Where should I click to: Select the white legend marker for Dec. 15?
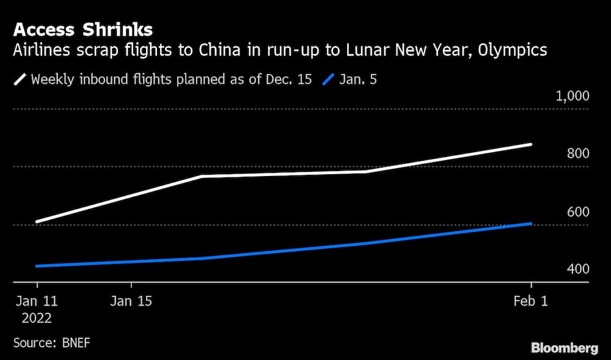pos(20,79)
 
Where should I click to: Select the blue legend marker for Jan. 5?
pos(327,79)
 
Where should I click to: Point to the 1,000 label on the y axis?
pos(571,96)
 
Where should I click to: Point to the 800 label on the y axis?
pos(577,153)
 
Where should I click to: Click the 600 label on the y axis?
pos(577,211)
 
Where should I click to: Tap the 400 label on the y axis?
pos(577,269)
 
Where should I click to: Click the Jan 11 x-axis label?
pos(37,301)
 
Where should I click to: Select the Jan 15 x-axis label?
pos(131,301)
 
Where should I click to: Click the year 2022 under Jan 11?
pos(37,318)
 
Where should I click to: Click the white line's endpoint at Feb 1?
pos(530,145)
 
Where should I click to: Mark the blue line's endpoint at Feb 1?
pos(530,224)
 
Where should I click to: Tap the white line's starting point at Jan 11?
pos(37,221)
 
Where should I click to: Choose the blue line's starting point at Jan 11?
pos(37,266)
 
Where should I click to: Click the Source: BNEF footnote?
pos(51,342)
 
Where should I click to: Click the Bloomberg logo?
pos(564,348)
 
